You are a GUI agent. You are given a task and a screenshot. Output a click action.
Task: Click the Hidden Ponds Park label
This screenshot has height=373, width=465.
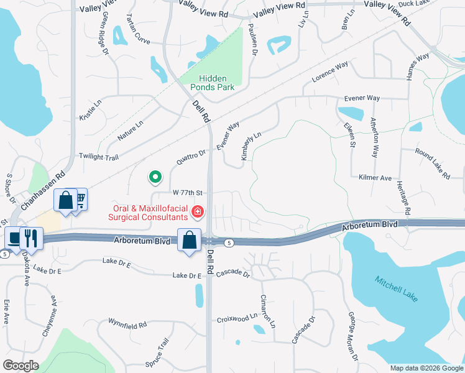216,83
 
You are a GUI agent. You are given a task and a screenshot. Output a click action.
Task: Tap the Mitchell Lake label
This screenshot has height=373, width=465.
396,289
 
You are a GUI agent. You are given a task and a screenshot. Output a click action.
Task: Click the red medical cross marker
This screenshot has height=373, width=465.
198,213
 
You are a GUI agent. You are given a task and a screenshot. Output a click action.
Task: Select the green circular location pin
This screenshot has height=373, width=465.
155,178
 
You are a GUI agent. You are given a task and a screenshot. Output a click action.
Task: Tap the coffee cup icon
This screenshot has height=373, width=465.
14,237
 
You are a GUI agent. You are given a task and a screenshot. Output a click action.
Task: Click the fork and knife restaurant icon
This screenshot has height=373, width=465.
30,237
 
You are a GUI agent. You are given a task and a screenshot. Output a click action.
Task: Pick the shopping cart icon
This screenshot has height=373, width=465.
79,198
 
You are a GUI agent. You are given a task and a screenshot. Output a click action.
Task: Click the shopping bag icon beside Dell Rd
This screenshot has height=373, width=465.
189,239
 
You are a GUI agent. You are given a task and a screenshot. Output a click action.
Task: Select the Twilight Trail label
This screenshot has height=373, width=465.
98,157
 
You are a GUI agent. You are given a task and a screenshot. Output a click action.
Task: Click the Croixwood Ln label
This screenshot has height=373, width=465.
237,318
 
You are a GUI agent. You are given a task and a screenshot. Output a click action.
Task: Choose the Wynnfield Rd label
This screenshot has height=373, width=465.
127,325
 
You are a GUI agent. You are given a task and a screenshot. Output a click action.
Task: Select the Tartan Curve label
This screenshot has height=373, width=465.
138,29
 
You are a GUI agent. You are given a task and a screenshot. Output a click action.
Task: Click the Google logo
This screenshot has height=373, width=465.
21,366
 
